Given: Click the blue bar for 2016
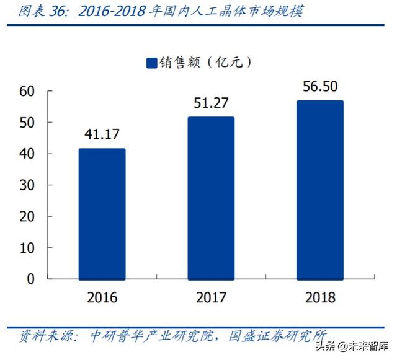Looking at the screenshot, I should [x=102, y=214].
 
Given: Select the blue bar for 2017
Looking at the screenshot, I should [x=211, y=198].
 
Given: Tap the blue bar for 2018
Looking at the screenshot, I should [x=320, y=190].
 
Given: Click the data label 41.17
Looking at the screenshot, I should [x=102, y=134].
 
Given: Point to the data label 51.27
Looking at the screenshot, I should [x=211, y=102].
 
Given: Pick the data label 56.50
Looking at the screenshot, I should [x=320, y=86].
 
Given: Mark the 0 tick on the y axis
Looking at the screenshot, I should [x=29, y=279].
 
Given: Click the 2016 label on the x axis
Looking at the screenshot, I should [x=102, y=298].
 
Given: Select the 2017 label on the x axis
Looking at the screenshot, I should [x=211, y=298].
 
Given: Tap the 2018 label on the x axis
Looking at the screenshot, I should [x=320, y=298].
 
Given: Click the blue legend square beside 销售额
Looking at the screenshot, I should [x=151, y=63].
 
